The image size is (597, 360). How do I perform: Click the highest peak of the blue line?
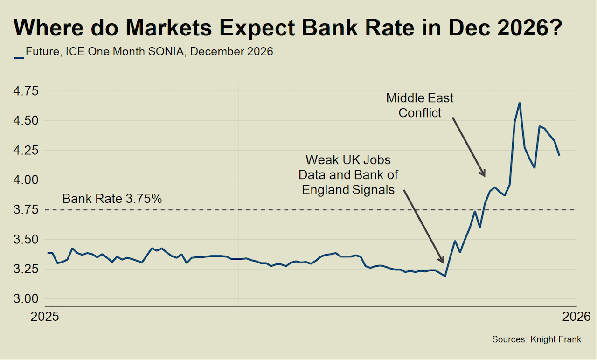(520, 103)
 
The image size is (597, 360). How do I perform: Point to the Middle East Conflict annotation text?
(420, 105)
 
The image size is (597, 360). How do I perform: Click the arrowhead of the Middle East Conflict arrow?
(485, 175)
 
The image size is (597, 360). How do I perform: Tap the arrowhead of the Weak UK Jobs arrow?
(443, 262)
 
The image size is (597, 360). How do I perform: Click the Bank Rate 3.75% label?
(112, 199)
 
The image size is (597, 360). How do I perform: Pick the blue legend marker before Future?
(19, 58)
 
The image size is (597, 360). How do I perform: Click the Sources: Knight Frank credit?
(536, 339)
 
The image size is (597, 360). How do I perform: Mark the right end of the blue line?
(559, 155)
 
